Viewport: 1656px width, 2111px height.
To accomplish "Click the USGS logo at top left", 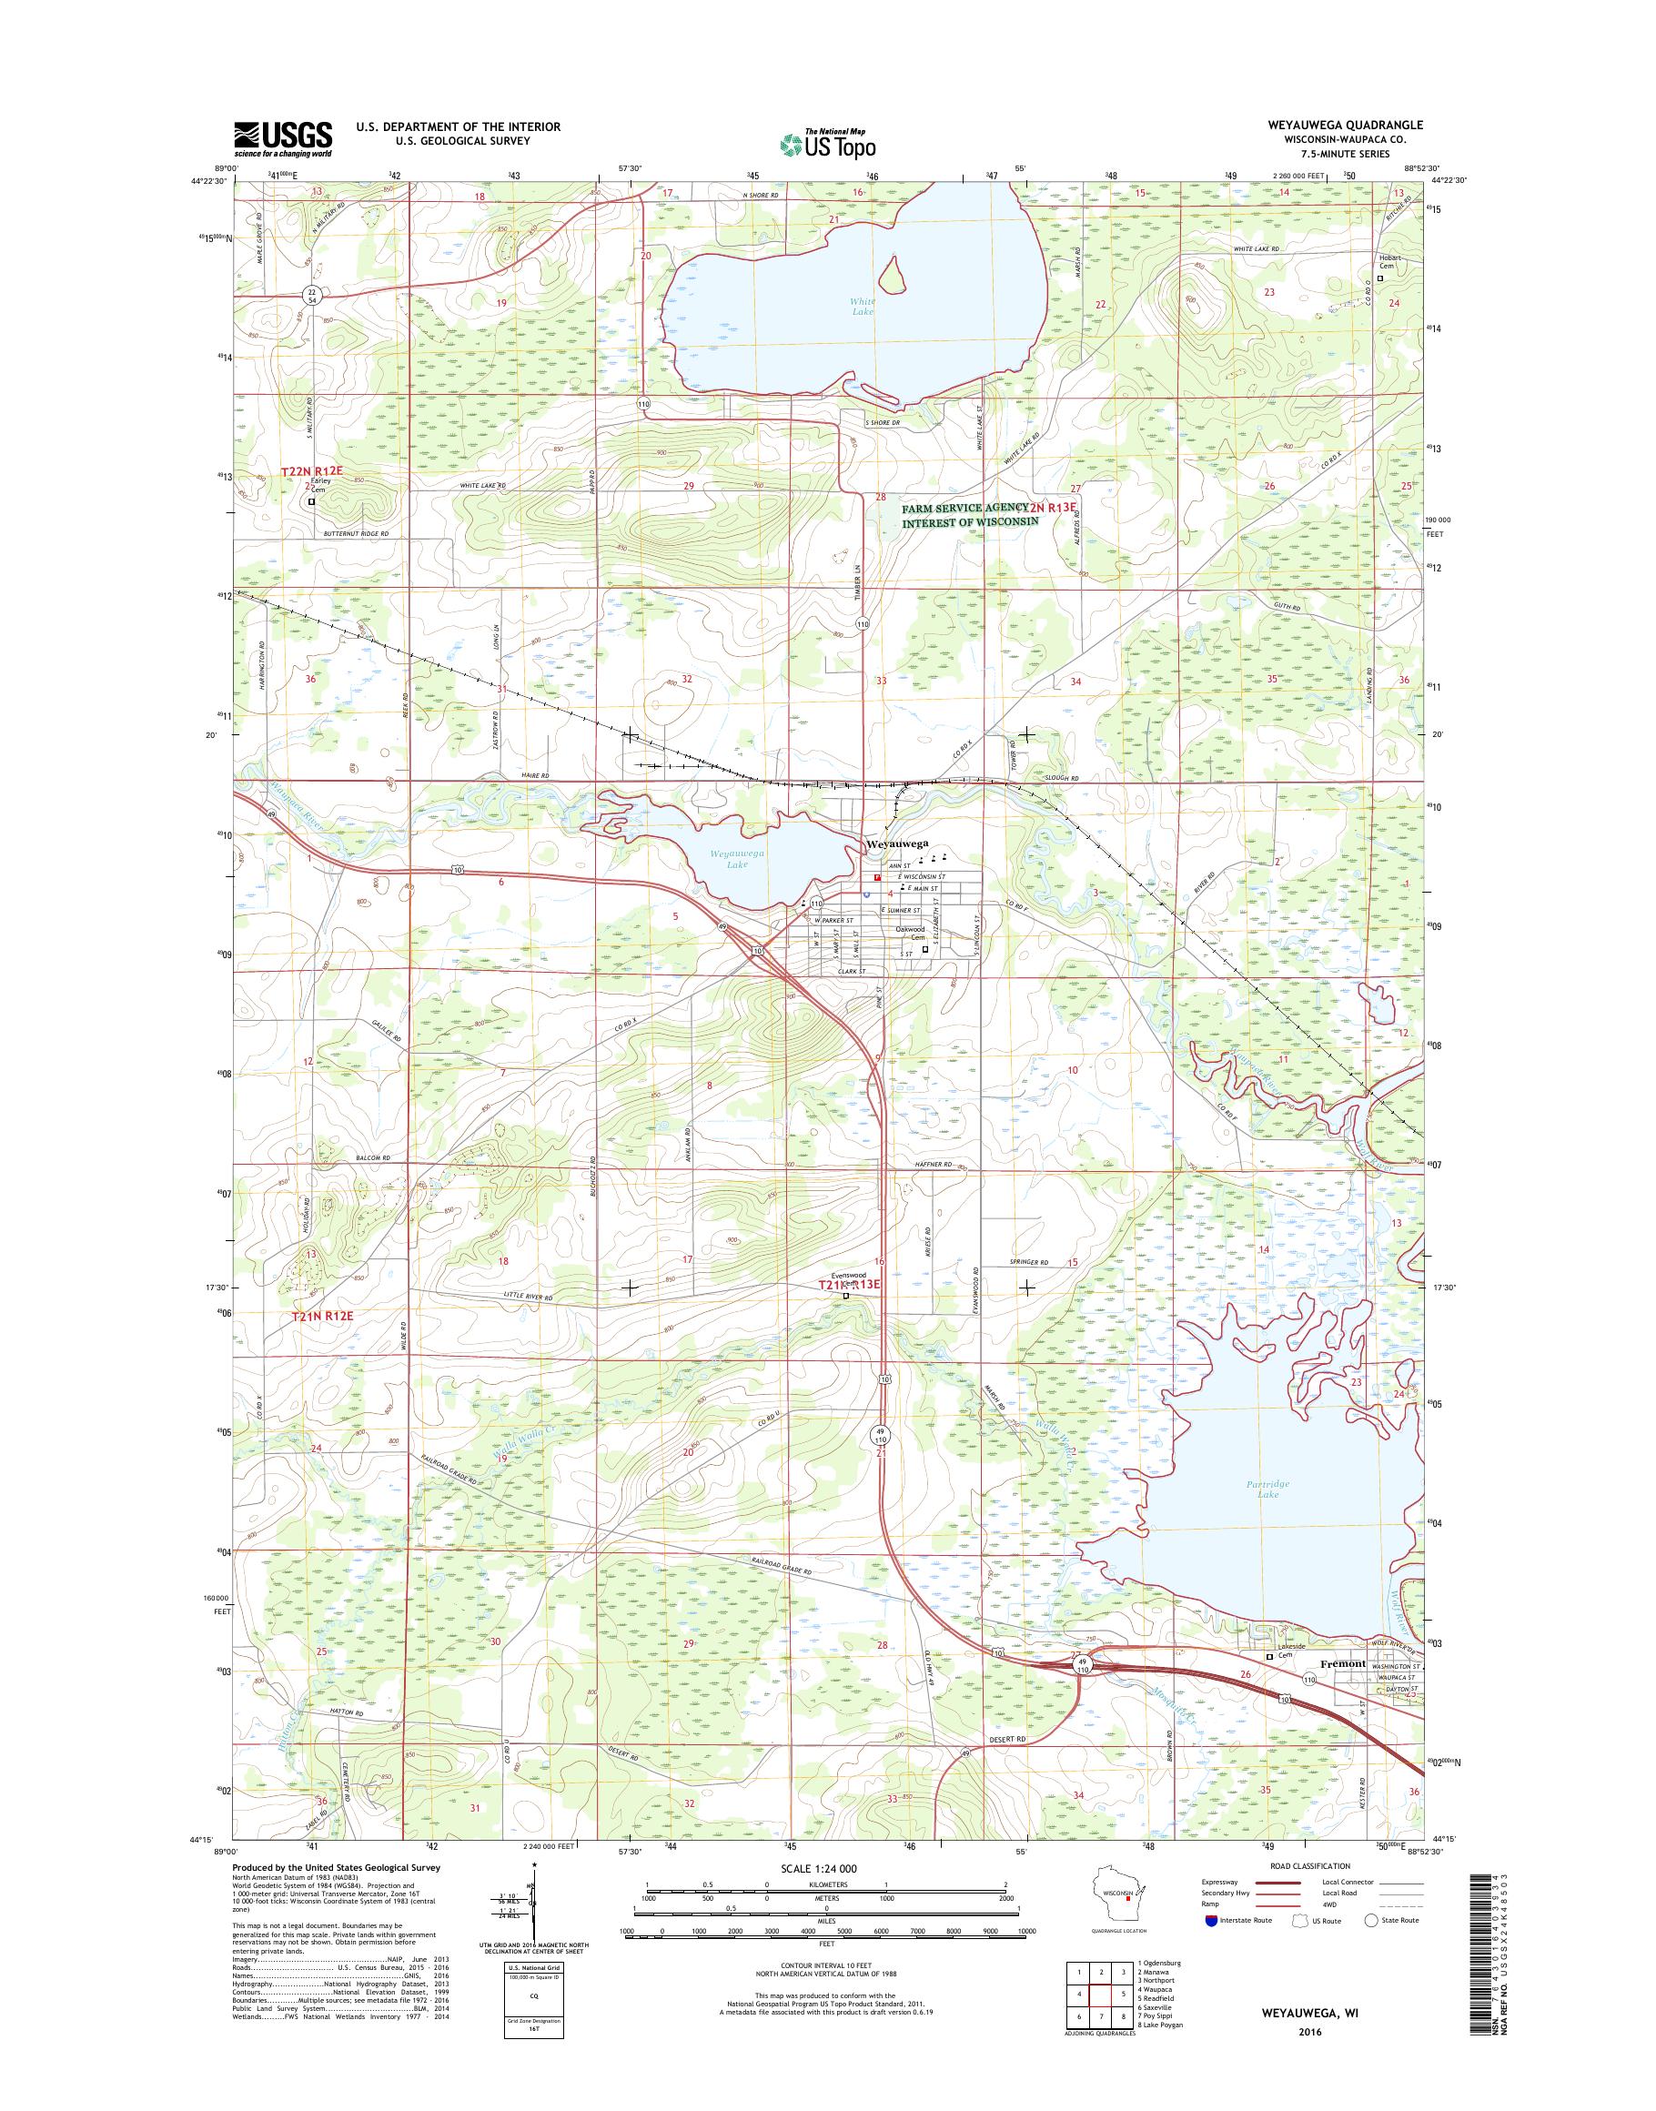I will click(x=282, y=138).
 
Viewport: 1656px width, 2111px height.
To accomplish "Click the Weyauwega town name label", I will click(x=897, y=844).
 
